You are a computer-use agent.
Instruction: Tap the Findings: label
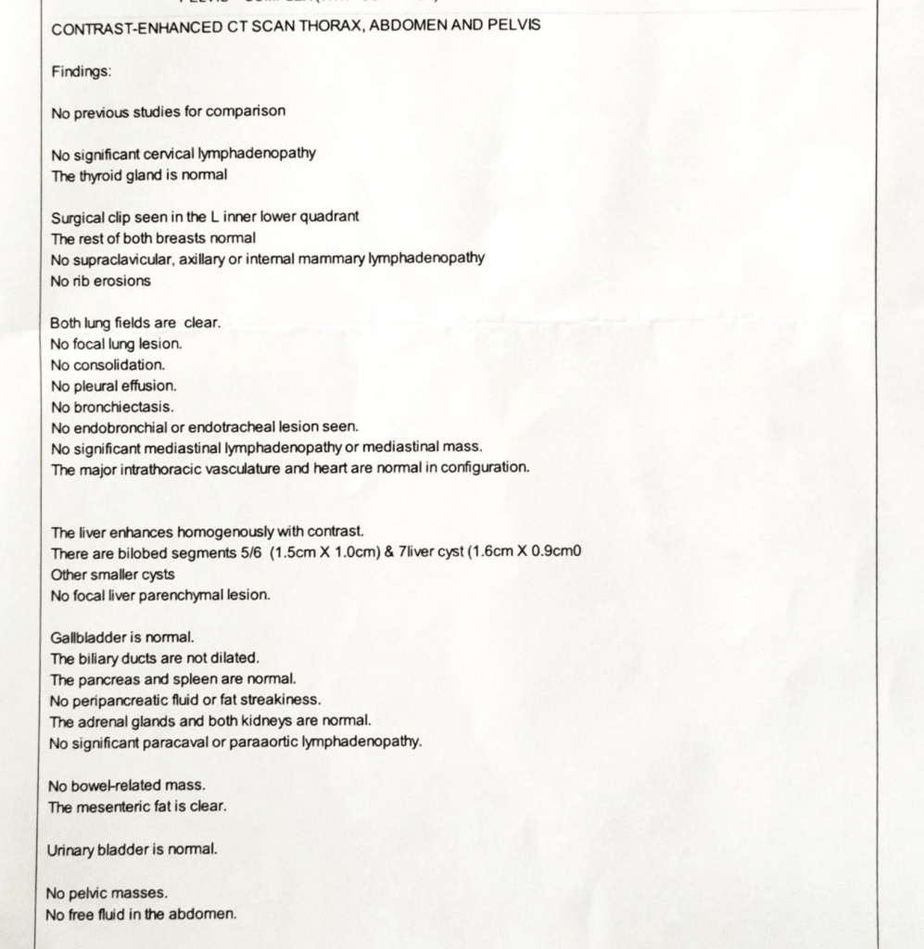(82, 70)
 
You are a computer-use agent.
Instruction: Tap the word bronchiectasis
(124, 407)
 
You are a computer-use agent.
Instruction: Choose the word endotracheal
(247, 427)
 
